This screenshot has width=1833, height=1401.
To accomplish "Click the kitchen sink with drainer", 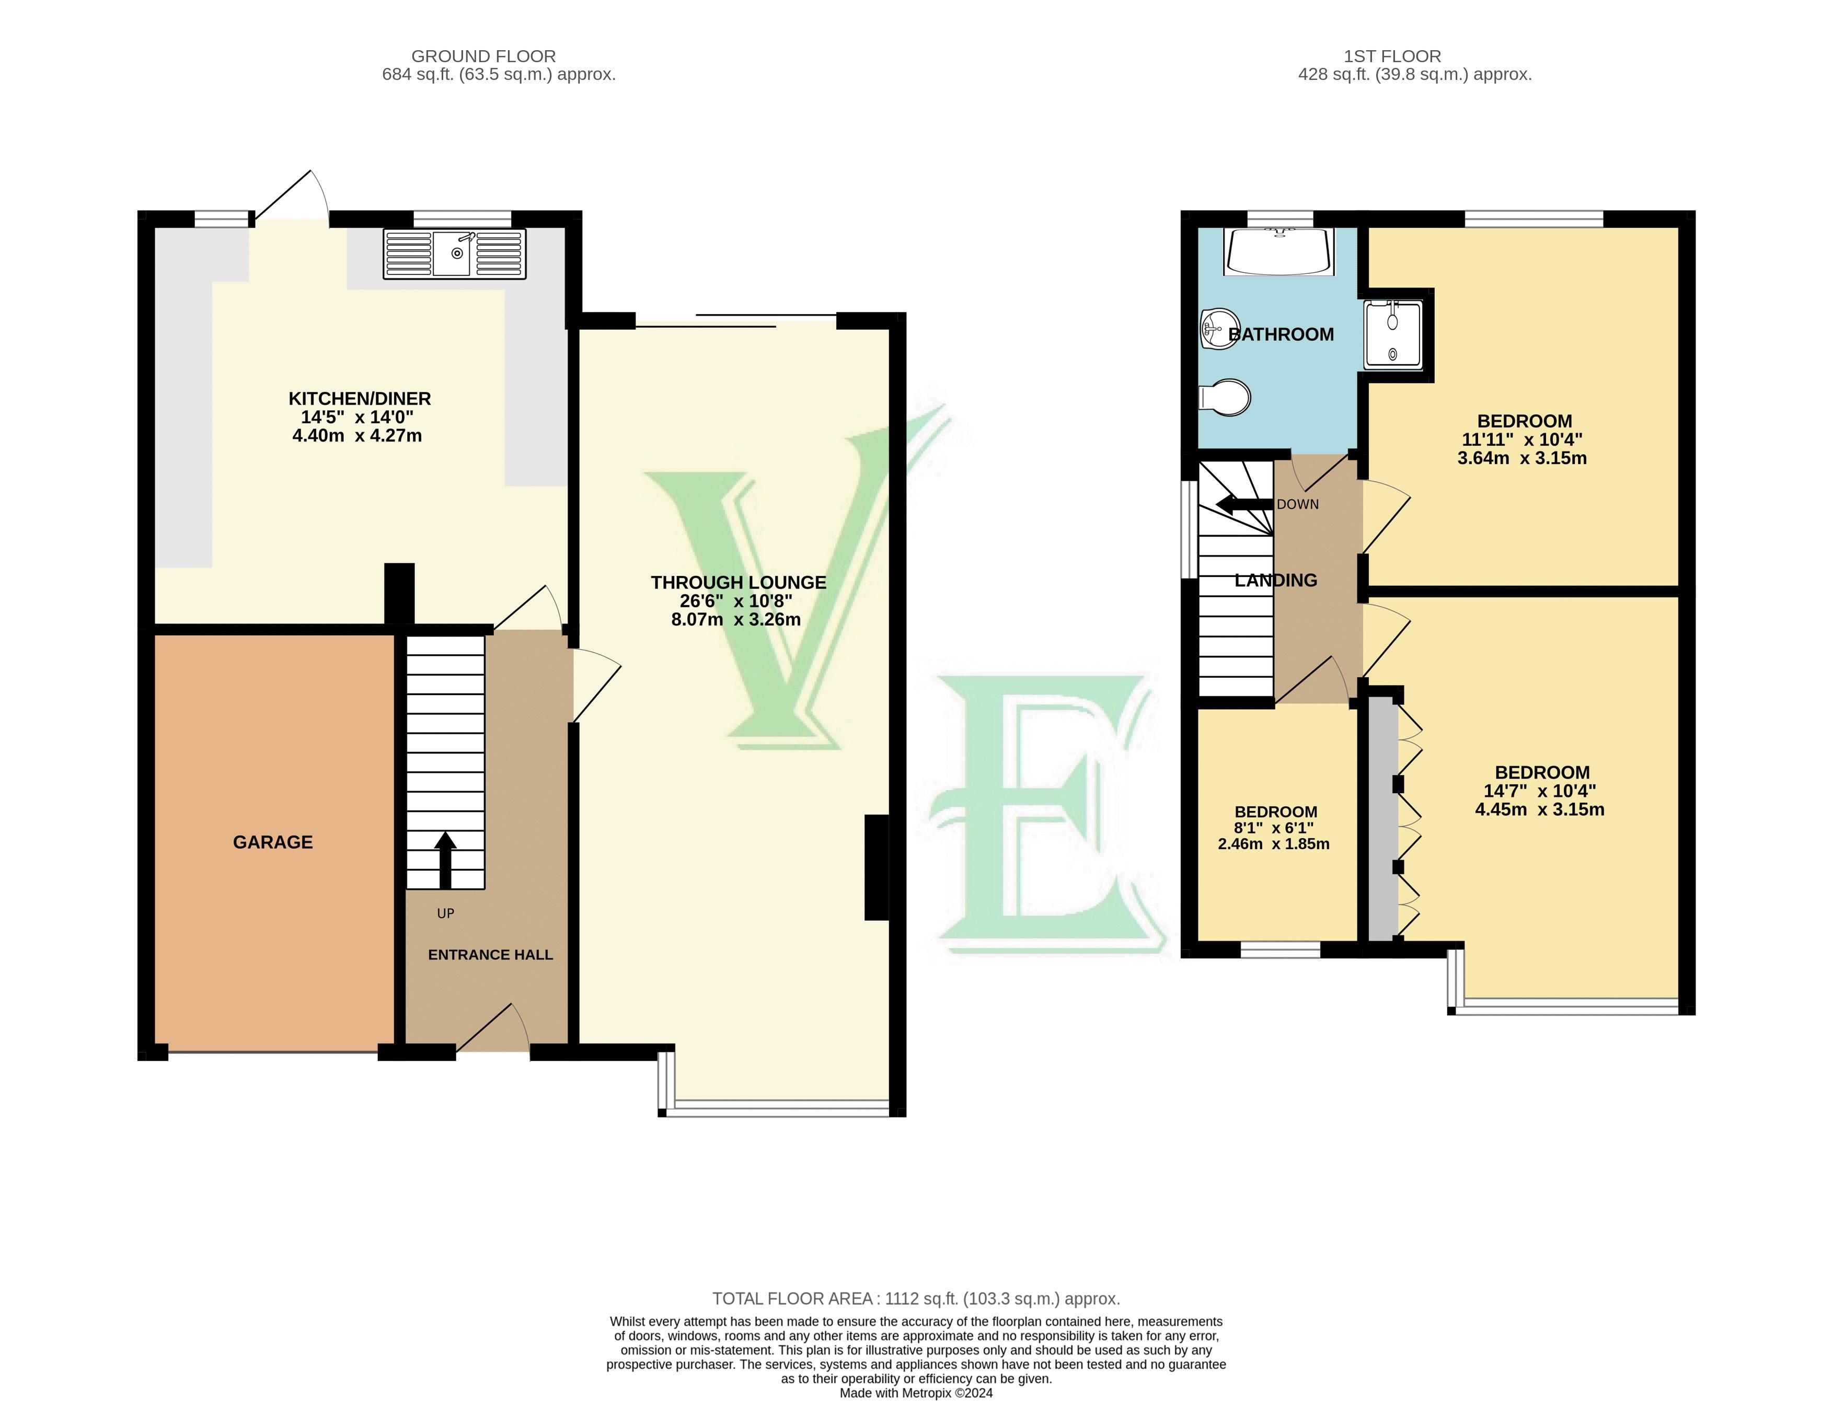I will pos(455,253).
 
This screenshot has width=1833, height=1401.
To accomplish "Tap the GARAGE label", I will pos(273,842).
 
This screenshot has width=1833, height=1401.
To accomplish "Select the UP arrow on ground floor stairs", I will pos(445,860).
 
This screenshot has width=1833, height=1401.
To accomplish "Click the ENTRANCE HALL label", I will pos(490,955).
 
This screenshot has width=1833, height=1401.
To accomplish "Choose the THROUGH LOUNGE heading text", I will pos(738,583).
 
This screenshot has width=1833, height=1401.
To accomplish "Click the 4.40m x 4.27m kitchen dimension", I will pos(357,436).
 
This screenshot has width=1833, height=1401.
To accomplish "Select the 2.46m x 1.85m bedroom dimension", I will pos(1273,844).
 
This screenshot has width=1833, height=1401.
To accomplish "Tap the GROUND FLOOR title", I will pos(483,56).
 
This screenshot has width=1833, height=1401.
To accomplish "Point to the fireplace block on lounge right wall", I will pos(875,867).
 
